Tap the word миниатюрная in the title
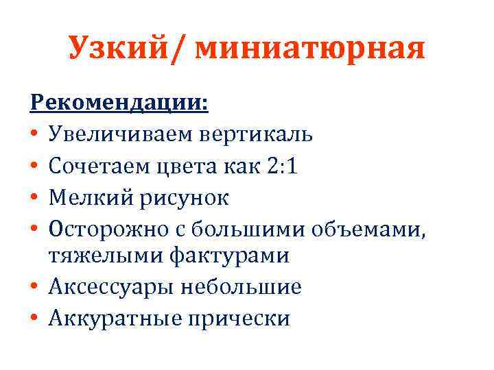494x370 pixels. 310,49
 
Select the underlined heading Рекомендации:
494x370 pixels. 121,103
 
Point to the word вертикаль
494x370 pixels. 257,135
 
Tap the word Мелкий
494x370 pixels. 87,198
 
